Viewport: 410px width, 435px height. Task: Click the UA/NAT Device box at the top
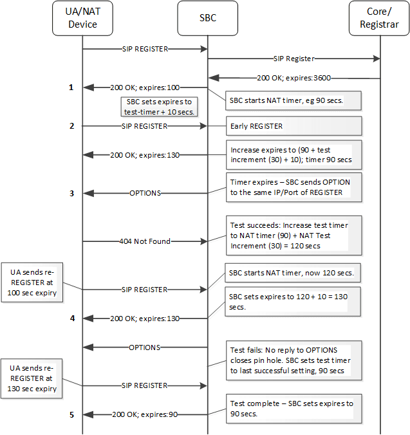click(x=82, y=19)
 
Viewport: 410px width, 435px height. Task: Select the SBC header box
click(x=207, y=19)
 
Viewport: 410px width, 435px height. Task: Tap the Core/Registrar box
click(x=380, y=19)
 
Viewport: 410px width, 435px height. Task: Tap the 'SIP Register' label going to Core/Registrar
click(x=293, y=58)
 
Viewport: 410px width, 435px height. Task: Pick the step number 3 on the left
click(x=72, y=192)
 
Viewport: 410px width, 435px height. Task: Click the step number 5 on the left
click(x=72, y=414)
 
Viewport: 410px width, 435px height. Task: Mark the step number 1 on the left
click(x=72, y=87)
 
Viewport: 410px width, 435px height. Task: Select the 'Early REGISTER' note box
click(x=292, y=126)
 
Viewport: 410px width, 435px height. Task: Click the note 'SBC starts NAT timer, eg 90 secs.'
click(x=292, y=101)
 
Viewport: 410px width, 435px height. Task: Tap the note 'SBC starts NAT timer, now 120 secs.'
click(x=292, y=273)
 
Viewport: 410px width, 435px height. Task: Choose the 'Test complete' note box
click(x=292, y=409)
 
